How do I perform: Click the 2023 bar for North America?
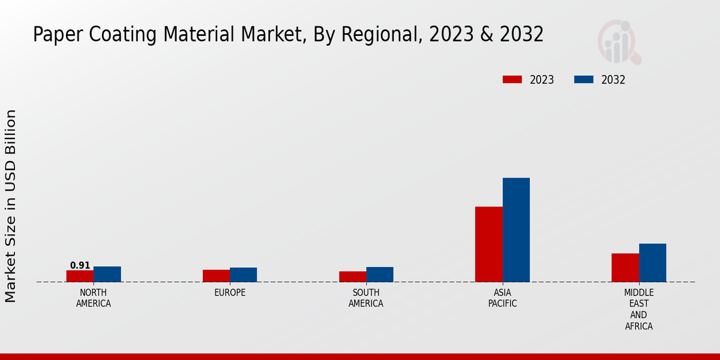point(80,276)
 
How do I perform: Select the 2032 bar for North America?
point(107,274)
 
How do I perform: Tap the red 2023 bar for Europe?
point(216,276)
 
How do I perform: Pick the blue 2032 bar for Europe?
point(243,275)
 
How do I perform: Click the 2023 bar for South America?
point(352,277)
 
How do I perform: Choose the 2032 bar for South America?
point(380,274)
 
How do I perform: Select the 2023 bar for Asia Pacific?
point(488,244)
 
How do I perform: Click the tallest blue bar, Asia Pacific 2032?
point(516,230)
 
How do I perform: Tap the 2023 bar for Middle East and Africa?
point(625,268)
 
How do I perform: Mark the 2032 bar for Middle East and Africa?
point(652,263)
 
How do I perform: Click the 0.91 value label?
point(80,265)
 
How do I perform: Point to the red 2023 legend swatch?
point(512,80)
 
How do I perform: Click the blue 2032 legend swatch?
point(584,80)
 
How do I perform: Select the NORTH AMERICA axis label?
point(93,298)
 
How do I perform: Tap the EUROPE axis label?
point(230,293)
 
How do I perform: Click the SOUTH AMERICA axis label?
point(366,298)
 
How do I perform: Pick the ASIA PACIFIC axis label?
point(502,298)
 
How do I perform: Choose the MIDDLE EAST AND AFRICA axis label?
point(638,310)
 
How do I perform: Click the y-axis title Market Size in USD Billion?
point(11,206)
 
